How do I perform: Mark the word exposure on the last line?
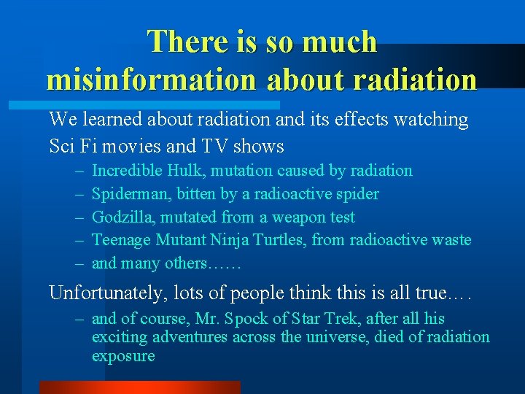click(123, 357)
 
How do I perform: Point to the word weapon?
click(301, 217)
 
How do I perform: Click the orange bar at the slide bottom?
click(139, 387)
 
